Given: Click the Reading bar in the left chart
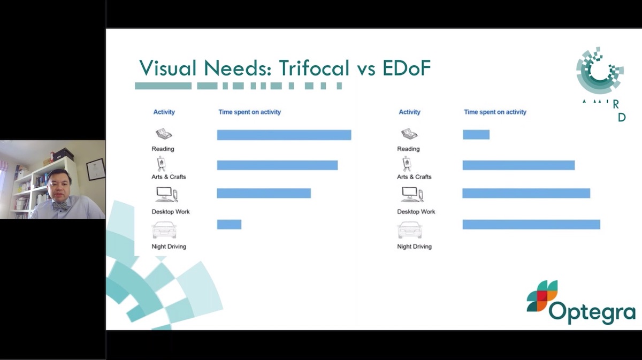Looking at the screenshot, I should (284, 135).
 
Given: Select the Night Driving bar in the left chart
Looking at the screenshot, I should (229, 225).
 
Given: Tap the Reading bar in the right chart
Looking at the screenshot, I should (476, 135).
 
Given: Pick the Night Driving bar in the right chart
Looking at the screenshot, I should (531, 225).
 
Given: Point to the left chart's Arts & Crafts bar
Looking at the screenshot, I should (277, 165).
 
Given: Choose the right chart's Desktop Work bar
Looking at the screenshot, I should (526, 193).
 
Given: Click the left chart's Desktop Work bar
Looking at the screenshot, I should (264, 193).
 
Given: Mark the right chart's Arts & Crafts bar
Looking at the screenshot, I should (518, 165).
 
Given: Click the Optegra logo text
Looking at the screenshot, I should (592, 311).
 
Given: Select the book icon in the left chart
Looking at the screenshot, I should (163, 134).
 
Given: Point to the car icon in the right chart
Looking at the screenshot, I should (409, 230).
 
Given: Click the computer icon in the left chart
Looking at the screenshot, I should (166, 194).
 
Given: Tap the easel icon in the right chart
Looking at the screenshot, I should (407, 164).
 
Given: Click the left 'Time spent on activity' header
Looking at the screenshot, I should (249, 112).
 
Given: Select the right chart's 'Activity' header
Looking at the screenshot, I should (409, 112).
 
